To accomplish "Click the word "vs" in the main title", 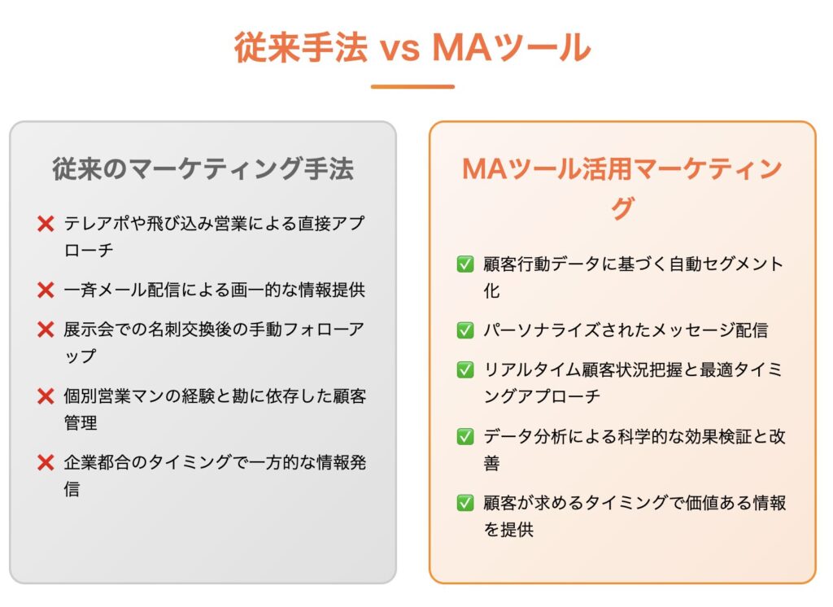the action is click(x=399, y=48).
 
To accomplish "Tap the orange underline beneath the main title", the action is click(x=412, y=86).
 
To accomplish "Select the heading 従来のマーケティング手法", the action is click(x=203, y=169).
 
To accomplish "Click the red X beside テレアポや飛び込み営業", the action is click(x=46, y=224).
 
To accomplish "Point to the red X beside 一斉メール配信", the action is click(x=46, y=290).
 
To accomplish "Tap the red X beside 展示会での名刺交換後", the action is click(x=46, y=330).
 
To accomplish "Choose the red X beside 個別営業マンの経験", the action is click(x=46, y=396).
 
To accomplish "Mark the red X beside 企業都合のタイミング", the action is click(x=46, y=463).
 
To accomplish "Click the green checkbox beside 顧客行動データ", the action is click(x=465, y=264).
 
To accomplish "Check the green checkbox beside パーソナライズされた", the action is click(x=465, y=330).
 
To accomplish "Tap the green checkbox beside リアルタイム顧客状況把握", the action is click(x=465, y=370).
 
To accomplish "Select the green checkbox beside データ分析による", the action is click(x=465, y=437).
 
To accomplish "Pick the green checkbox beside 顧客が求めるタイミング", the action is click(x=465, y=503).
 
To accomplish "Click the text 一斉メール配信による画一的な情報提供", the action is click(x=215, y=290).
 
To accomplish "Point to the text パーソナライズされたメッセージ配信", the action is click(x=626, y=330).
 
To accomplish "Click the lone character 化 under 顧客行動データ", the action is click(x=492, y=290).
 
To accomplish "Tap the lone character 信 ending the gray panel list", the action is click(x=72, y=489).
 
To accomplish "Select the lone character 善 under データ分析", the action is click(x=492, y=464).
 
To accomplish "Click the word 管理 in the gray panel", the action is click(x=81, y=423).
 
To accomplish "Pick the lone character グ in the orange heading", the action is click(x=622, y=208).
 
